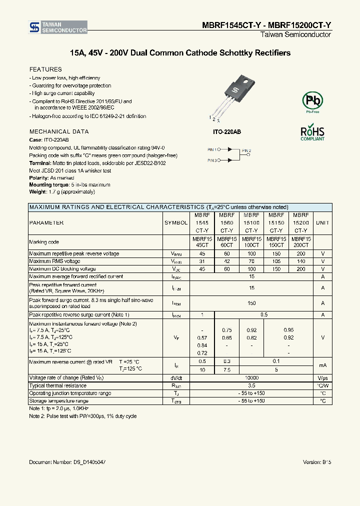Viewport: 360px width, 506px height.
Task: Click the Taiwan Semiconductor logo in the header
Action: tap(58, 27)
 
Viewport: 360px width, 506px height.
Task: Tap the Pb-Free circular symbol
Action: tap(313, 101)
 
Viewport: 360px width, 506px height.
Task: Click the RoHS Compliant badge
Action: tap(312, 133)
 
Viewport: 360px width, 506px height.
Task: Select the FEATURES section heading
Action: tap(45, 69)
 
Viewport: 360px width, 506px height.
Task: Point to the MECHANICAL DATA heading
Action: tap(59, 131)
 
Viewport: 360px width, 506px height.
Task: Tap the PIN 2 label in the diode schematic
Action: tap(246, 150)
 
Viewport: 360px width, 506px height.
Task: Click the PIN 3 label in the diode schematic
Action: tap(212, 160)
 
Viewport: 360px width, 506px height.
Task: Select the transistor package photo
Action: tap(235, 95)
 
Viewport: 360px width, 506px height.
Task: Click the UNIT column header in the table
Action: tap(322, 222)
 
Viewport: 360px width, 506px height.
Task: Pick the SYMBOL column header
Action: tap(176, 222)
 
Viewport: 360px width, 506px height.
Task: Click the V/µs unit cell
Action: tap(322, 378)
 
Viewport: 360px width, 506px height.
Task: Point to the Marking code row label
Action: tap(44, 242)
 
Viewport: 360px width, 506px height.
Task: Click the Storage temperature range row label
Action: tap(58, 401)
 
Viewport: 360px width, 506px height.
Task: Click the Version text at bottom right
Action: tap(317, 462)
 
